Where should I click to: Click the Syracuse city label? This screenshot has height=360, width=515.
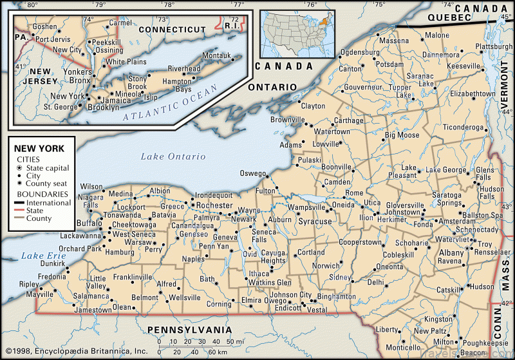(315, 222)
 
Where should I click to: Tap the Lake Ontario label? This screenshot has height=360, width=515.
(173, 156)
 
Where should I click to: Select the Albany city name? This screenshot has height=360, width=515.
(451, 253)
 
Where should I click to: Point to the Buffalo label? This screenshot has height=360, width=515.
(89, 223)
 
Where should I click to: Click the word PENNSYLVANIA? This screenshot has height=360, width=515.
(189, 330)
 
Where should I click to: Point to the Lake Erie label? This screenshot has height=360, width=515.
(40, 256)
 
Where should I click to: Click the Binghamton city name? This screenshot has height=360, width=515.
(337, 297)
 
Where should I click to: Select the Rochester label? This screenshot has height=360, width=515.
(214, 205)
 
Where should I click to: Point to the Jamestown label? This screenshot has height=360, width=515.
(93, 310)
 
